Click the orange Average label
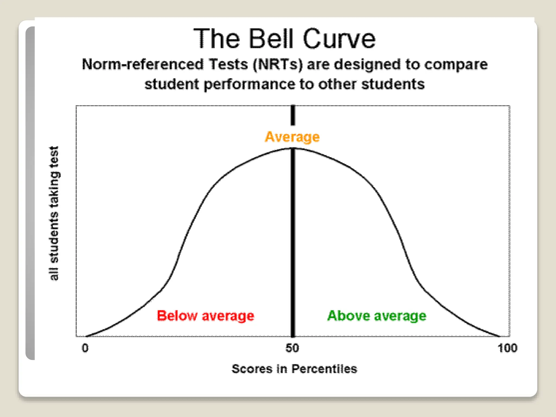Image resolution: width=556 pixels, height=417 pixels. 292,137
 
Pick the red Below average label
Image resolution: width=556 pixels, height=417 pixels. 206,316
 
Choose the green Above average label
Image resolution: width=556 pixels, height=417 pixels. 377,316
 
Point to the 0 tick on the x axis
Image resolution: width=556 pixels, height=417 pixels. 85,348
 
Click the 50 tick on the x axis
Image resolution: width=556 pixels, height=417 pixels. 292,348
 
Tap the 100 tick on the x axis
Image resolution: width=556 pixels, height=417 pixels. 507,348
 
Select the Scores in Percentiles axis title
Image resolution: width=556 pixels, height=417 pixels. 294,369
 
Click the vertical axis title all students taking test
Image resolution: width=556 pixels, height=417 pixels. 54,213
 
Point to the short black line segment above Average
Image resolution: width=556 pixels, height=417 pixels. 293,115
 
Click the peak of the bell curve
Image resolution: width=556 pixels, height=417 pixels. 293,148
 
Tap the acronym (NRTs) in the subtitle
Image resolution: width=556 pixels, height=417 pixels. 277,65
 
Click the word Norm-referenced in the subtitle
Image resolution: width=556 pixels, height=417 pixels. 143,65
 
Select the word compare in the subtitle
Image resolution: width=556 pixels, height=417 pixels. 456,65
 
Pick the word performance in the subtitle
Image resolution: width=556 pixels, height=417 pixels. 249,84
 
